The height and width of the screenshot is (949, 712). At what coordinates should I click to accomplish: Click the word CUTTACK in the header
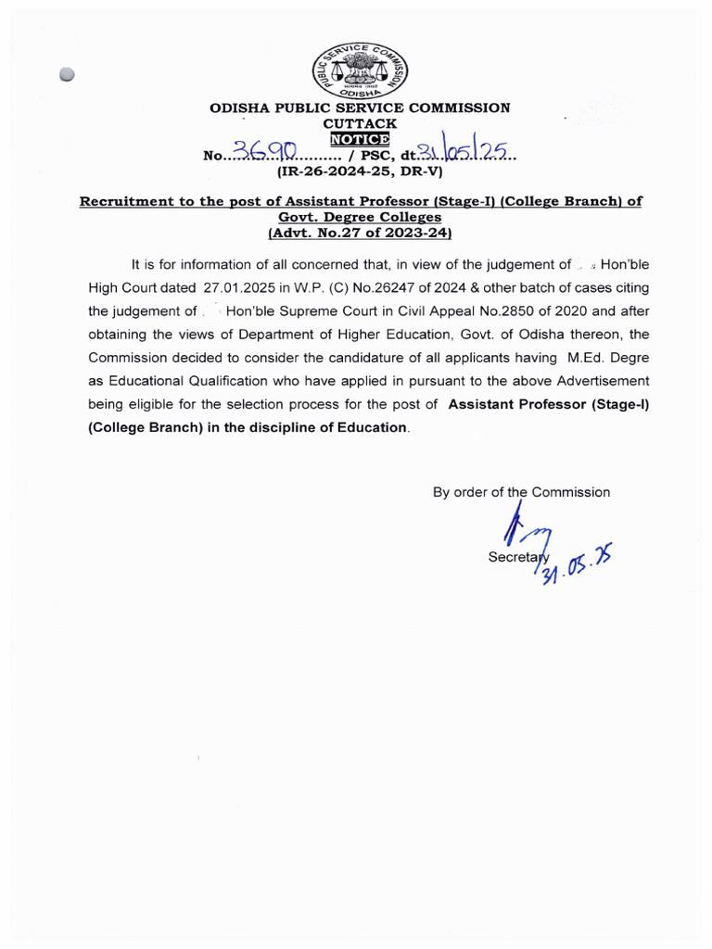tap(359, 123)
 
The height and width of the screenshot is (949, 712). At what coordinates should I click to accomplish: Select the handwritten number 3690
tap(264, 153)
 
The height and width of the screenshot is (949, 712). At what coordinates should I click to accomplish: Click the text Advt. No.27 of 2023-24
tap(360, 234)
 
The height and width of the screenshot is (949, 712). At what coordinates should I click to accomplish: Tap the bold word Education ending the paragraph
tap(374, 427)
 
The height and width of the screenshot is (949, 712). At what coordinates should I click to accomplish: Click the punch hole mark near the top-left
tap(66, 76)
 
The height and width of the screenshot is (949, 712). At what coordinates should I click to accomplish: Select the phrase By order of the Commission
tap(521, 492)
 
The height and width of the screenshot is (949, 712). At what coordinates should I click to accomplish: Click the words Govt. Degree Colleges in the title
tap(360, 217)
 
